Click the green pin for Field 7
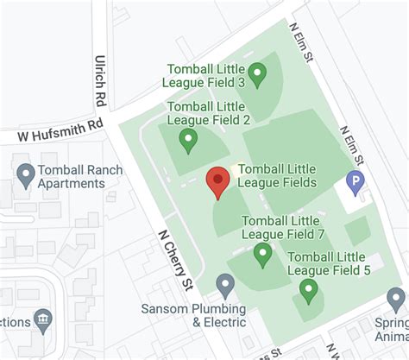pos(262,253)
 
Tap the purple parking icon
pos(354,181)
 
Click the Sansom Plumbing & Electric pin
pos(225,284)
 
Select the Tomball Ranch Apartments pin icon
pos(26,175)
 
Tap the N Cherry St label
pos(173,260)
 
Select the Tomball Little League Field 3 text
pos(204,75)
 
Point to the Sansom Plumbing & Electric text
pos(195,315)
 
